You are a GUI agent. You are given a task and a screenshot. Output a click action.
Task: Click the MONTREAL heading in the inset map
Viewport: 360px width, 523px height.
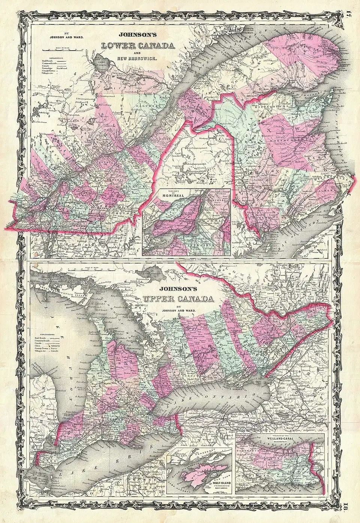(x=166, y=195)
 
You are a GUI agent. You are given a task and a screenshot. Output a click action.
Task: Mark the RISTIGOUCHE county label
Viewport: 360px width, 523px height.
(x=276, y=106)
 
